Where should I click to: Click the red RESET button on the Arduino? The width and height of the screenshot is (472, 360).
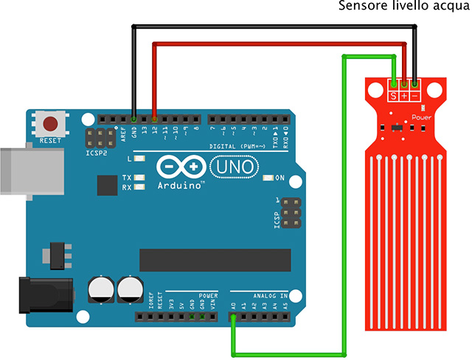pos(51,124)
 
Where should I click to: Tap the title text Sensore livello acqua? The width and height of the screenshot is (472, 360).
pos(403,7)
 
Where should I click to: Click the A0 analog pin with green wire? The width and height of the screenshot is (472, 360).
pos(233,319)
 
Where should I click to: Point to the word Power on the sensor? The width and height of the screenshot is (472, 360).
pos(421,117)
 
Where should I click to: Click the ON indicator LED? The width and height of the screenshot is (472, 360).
pos(268,178)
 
